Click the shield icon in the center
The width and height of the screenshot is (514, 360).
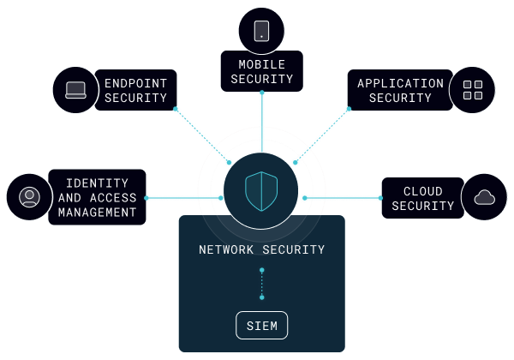click(x=261, y=191)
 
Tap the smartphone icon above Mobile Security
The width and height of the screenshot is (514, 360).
click(x=261, y=31)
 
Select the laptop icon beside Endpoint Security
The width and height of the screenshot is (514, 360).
click(x=75, y=90)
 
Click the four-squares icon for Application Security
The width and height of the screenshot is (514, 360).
click(x=472, y=90)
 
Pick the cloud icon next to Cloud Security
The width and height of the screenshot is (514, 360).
click(x=485, y=198)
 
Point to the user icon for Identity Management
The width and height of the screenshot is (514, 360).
click(x=29, y=197)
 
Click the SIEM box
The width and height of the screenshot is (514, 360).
click(x=261, y=326)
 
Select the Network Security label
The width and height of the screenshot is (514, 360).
click(x=261, y=250)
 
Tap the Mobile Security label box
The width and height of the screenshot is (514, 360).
click(x=261, y=71)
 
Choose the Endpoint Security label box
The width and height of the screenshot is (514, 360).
click(x=135, y=90)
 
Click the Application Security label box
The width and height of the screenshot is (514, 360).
click(x=400, y=90)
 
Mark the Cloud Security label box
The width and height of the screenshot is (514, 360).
click(x=422, y=198)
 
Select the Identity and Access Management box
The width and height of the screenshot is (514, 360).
click(x=97, y=197)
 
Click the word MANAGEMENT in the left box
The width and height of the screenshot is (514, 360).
click(x=97, y=213)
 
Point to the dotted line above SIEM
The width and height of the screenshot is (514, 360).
click(x=261, y=284)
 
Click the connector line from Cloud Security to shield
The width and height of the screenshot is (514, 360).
click(x=343, y=198)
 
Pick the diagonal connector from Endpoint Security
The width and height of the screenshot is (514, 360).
click(x=202, y=135)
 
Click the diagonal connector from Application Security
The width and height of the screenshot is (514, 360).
click(x=321, y=135)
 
